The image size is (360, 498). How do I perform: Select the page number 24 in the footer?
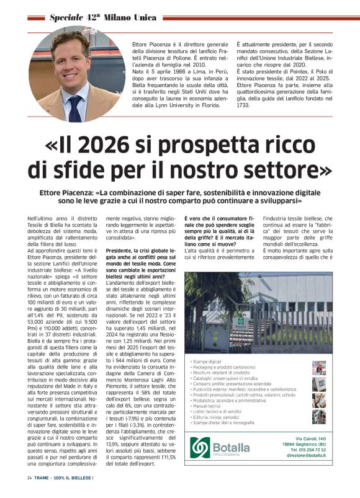click(29, 478)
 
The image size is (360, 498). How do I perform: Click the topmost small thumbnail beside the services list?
click(318, 368)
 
